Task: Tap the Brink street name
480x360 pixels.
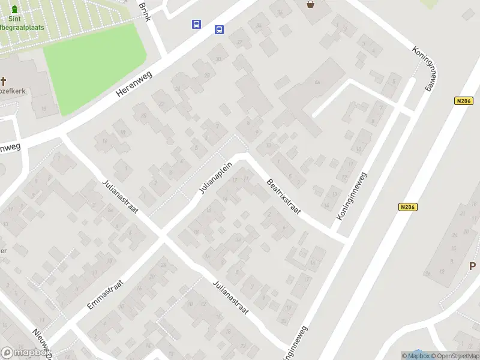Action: (144, 10)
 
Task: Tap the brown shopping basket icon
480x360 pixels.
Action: (310, 5)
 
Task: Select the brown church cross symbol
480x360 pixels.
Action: (3, 81)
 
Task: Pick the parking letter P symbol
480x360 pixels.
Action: (472, 266)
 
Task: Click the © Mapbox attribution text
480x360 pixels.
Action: (415, 356)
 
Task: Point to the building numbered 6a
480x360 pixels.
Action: (316, 82)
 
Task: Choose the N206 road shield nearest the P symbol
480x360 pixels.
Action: (407, 207)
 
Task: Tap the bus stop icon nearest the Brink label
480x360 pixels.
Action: (197, 25)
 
